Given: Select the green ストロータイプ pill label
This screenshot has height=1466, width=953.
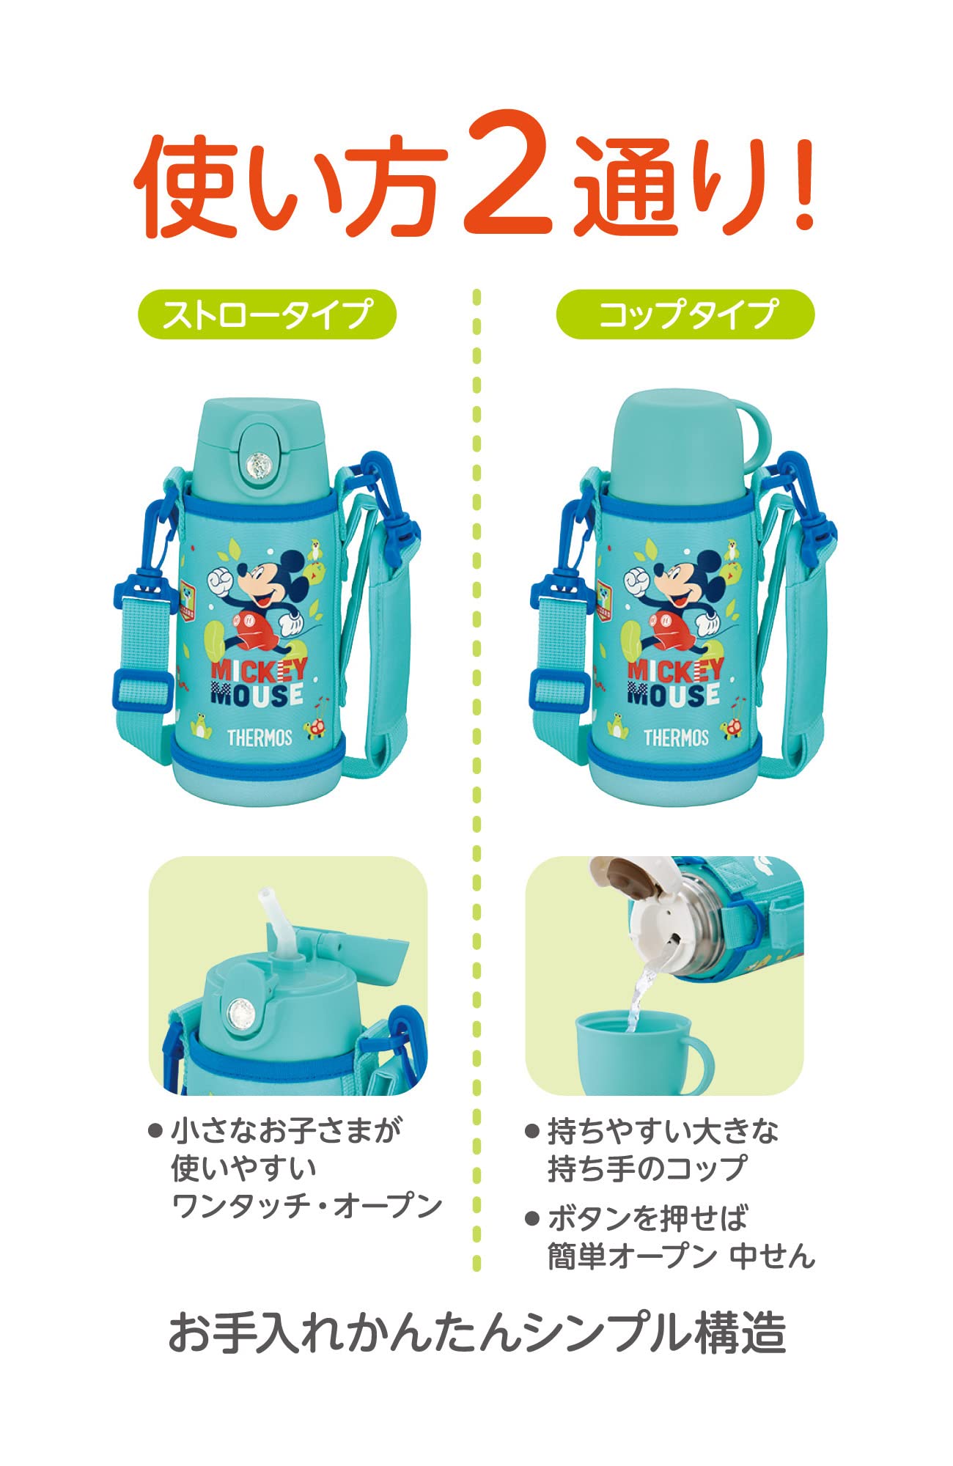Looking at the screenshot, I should [x=267, y=314].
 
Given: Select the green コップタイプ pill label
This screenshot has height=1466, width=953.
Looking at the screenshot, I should [x=685, y=314].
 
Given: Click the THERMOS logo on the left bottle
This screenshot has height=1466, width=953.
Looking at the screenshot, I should [x=260, y=737].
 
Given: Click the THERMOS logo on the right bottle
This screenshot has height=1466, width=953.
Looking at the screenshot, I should [x=676, y=737].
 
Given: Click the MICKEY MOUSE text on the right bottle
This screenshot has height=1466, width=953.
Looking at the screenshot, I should [x=674, y=682].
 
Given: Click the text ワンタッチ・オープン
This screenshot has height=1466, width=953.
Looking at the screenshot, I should [x=306, y=1205].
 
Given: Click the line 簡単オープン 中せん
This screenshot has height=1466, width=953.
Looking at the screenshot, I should [x=682, y=1256].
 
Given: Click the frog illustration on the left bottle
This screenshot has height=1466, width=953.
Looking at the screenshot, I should [x=201, y=726].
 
